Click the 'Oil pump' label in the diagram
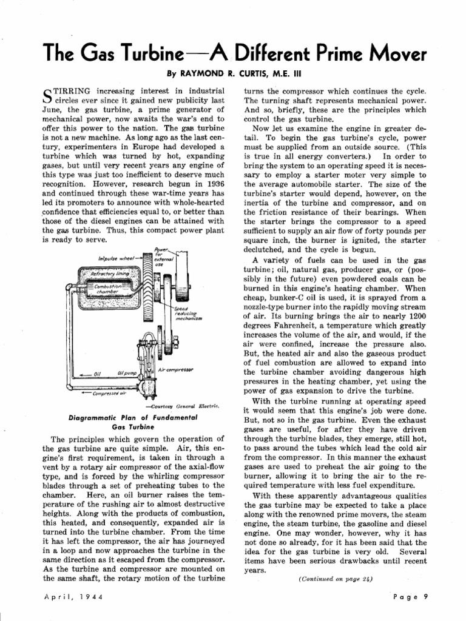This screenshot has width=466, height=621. [130, 374]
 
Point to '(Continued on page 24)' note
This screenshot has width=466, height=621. [336, 579]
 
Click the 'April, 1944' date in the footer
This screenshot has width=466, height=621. [73, 597]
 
